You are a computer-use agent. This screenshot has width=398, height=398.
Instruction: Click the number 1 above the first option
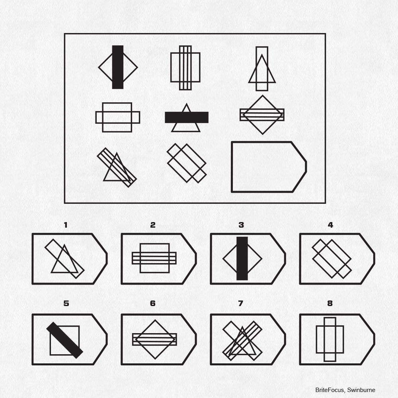(66, 225)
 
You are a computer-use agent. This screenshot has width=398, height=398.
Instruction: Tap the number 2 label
(152, 225)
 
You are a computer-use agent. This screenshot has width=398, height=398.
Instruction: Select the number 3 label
(241, 225)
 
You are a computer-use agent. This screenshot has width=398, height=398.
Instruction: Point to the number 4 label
(330, 225)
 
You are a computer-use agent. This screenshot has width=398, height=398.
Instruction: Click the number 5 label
(66, 303)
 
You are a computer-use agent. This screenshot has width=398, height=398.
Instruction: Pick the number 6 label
(152, 303)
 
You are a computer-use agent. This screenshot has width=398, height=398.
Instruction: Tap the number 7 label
(241, 303)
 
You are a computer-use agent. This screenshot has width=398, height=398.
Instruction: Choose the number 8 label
(330, 303)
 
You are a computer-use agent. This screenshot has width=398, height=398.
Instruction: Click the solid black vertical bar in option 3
(242, 258)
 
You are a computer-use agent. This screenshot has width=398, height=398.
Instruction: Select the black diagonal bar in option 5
(65, 340)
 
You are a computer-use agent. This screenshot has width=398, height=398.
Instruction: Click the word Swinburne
(361, 390)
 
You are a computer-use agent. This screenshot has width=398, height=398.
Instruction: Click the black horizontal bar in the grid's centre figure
(187, 117)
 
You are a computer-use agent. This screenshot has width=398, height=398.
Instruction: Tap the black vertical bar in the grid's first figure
(118, 67)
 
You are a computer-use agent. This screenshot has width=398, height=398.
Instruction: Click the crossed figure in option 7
(242, 341)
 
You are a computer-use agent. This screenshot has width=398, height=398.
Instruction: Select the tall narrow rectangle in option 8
(325, 339)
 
